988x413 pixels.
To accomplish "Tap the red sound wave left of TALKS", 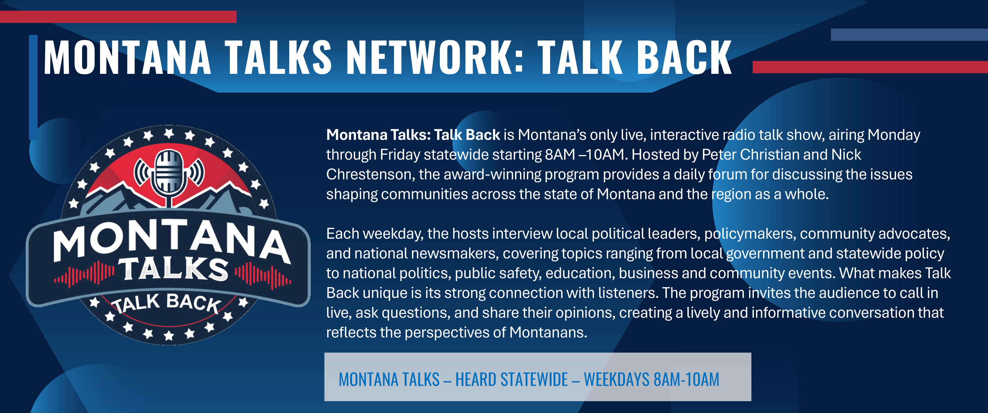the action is [84, 274].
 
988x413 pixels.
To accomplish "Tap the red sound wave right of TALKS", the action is [263, 275].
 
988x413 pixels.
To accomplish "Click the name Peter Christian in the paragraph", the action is [750, 154].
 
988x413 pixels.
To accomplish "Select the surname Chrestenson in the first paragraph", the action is [370, 175].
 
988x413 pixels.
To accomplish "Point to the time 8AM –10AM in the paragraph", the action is [585, 154].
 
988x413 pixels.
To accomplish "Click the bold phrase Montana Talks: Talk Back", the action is [413, 135].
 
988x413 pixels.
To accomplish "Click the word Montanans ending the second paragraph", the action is [548, 332].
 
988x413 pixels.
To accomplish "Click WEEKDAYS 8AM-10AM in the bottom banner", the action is [651, 379].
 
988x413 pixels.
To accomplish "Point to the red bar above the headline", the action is [118, 17].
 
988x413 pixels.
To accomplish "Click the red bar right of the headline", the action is [870, 67].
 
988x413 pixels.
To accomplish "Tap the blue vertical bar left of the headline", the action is [33, 87].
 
